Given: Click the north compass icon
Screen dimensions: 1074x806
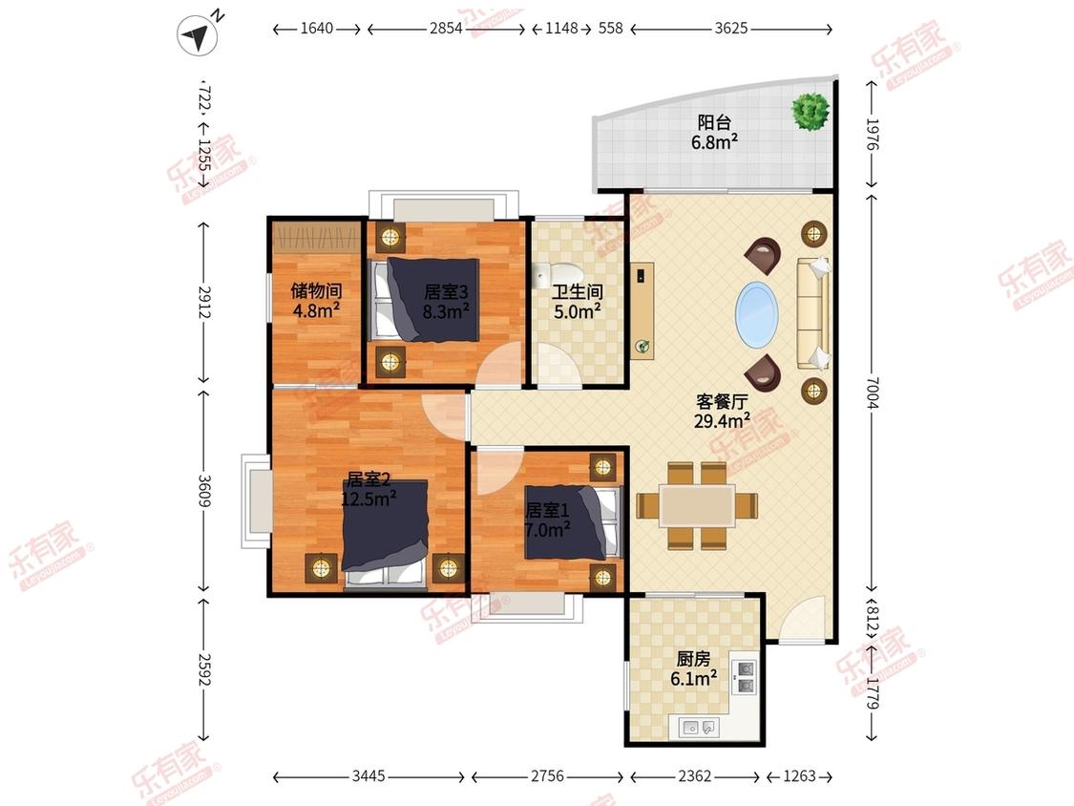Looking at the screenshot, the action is [198, 35].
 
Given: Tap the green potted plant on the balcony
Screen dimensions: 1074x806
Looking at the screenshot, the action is [811, 111].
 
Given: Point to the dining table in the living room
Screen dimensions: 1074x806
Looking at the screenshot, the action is [697, 506].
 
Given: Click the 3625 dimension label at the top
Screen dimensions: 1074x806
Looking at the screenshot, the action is [731, 29].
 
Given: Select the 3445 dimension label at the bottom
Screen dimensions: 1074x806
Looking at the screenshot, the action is [369, 775].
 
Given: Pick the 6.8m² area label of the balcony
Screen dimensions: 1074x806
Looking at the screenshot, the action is [714, 142].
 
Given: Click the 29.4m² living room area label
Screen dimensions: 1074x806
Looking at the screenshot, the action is [722, 421].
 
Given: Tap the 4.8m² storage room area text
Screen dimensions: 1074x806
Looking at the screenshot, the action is [316, 310].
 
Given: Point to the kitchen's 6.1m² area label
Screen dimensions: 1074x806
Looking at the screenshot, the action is [694, 679].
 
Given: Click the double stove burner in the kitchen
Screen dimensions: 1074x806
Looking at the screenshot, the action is [745, 676].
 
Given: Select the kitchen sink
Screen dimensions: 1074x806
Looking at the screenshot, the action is [698, 727].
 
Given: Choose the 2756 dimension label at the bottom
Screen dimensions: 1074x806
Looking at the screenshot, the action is [547, 775].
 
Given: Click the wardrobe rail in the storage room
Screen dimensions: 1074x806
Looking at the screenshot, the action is [316, 237].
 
